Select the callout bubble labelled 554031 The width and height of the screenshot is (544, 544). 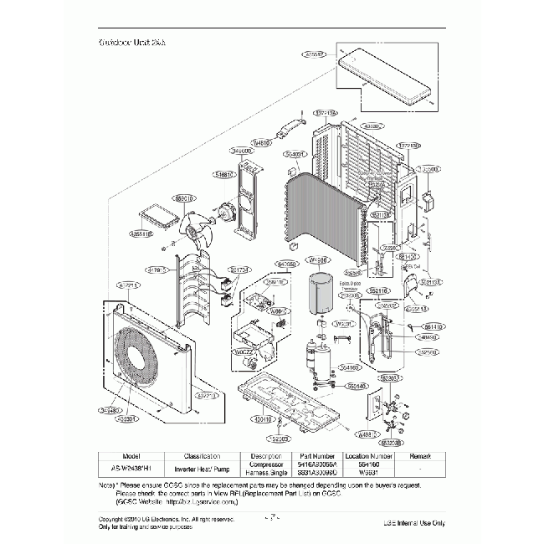pos(295,155)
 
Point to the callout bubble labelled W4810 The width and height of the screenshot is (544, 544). pos(261,143)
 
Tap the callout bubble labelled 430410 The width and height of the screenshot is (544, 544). pos(264,418)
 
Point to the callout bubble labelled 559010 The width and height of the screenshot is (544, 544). pos(184,198)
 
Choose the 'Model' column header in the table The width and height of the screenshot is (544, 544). pos(135,454)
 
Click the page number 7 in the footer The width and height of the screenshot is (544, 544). pos(272,516)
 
